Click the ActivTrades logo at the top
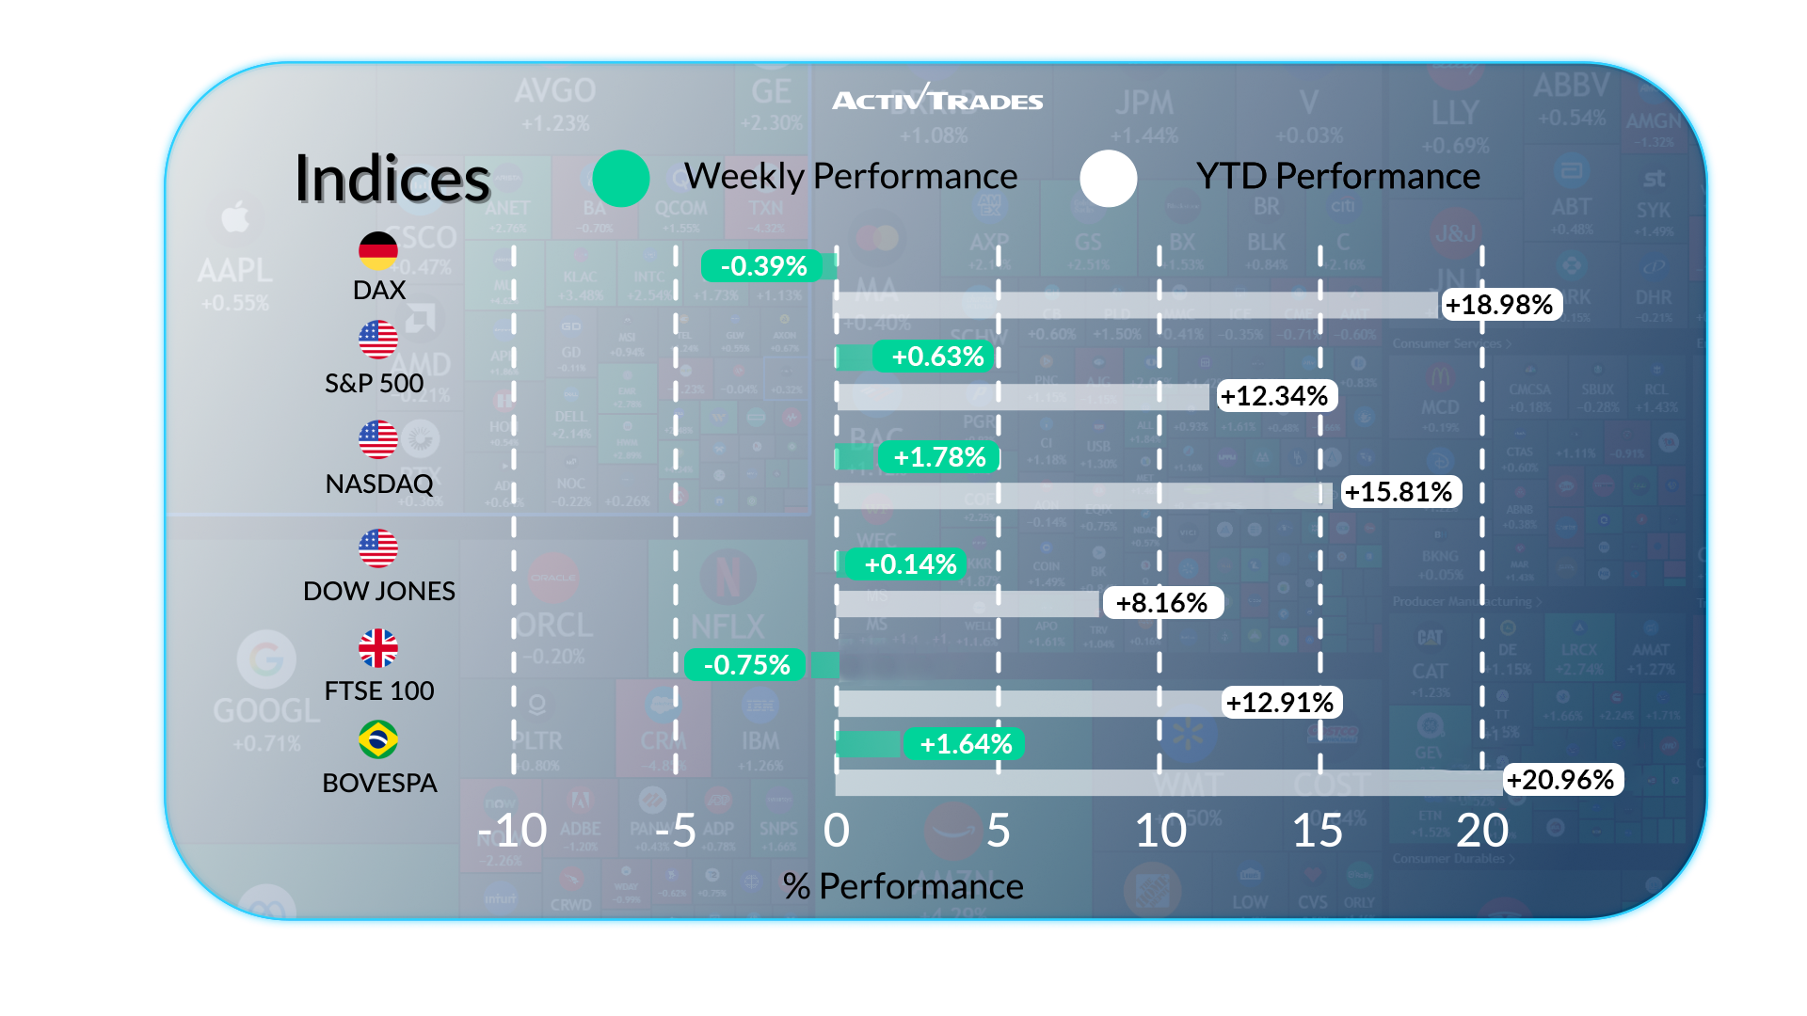coord(937,99)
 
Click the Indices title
coord(392,179)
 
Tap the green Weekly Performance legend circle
coord(621,179)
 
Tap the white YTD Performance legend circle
coord(1108,179)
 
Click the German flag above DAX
coord(378,250)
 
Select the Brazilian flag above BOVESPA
coord(378,739)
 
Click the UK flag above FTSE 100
coord(378,648)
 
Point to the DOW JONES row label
coord(379,591)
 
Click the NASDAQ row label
coord(379,484)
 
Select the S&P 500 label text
coord(375,383)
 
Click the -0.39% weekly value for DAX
coord(763,266)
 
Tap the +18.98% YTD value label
coord(1499,305)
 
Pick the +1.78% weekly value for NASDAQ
coord(939,457)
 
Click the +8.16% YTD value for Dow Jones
coord(1161,603)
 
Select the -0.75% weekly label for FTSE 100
coord(746,665)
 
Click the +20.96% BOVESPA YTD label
coord(1560,780)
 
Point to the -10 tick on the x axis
coord(512,831)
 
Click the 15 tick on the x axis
coord(1318,831)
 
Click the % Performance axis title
coord(903,886)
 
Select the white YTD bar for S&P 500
coord(1022,396)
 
